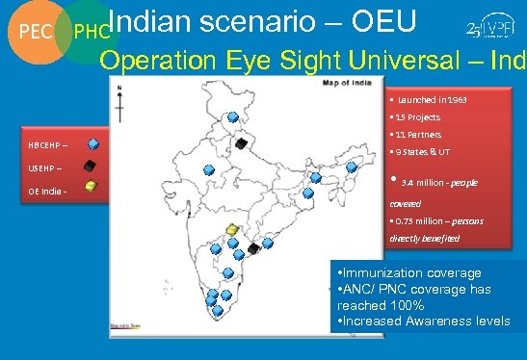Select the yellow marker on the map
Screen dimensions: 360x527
231,230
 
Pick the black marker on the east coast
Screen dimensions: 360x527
254,248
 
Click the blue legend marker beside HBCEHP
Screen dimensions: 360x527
93,144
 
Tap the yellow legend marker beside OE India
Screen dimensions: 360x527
89,188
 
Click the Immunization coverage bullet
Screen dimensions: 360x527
408,273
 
